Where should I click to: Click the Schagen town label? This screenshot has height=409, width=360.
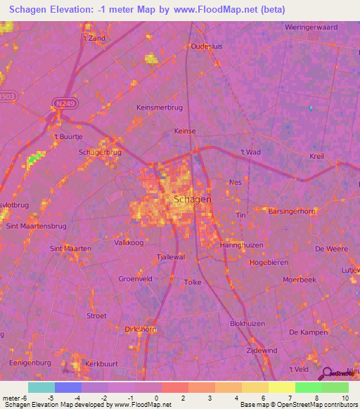(x=192, y=200)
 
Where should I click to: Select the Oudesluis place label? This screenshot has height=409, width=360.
(x=207, y=46)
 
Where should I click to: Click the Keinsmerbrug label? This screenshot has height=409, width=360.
(x=159, y=108)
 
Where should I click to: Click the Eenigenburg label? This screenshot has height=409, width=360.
(x=29, y=363)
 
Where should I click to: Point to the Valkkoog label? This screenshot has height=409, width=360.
(x=129, y=242)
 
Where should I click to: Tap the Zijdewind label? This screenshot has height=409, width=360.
(x=261, y=349)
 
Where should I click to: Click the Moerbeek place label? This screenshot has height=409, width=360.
(x=300, y=279)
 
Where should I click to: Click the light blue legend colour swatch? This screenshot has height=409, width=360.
(x=41, y=387)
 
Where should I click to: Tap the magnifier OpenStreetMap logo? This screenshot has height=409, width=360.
(x=328, y=373)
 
